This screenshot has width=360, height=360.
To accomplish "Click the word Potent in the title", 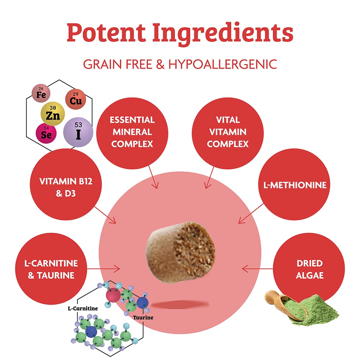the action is (106, 32).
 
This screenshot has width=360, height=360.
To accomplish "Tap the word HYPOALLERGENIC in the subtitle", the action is (223, 64).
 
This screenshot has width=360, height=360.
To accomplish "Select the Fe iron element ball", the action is (41, 93).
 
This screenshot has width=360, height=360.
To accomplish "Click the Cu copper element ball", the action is (76, 99).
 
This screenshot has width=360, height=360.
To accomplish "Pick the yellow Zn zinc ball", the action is (53, 114).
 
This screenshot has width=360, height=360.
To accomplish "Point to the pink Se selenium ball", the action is (46, 133).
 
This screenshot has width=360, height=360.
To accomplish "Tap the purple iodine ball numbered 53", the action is (78, 132).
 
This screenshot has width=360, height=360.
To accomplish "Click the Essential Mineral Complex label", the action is (132, 132).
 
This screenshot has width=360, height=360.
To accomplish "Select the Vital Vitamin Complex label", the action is (228, 132).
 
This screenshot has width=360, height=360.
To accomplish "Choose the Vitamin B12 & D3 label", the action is (66, 187).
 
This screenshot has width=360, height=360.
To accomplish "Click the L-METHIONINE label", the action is (295, 185).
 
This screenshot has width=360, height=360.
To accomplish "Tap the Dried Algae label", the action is (310, 269).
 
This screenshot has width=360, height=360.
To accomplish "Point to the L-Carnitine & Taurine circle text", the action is (51, 269).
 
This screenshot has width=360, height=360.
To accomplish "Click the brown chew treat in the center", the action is (181, 252).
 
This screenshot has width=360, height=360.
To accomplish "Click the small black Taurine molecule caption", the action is (143, 318).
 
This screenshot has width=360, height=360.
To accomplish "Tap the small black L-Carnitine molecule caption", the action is (83, 309).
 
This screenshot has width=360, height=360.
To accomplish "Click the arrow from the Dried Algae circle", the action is (257, 269).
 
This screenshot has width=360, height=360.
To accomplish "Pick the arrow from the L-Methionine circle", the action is (251, 213).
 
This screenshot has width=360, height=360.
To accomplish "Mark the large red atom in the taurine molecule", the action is (113, 295).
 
